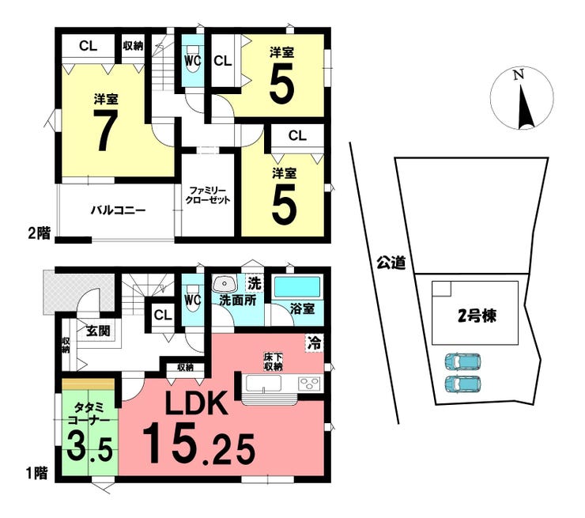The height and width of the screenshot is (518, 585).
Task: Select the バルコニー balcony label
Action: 116,210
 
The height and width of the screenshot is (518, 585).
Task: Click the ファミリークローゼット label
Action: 208,195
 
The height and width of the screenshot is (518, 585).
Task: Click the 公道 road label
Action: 391,263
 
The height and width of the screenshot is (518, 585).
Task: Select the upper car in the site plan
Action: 463,362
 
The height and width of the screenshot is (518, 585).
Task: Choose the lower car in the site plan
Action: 463,384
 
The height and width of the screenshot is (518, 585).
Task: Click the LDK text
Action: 195,406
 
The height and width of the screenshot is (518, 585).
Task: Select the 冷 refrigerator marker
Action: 315,342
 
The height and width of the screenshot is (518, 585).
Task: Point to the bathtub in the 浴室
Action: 296,285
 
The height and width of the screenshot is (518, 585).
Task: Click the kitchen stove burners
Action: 308,384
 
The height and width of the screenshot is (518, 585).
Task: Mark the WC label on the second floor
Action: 192,60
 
